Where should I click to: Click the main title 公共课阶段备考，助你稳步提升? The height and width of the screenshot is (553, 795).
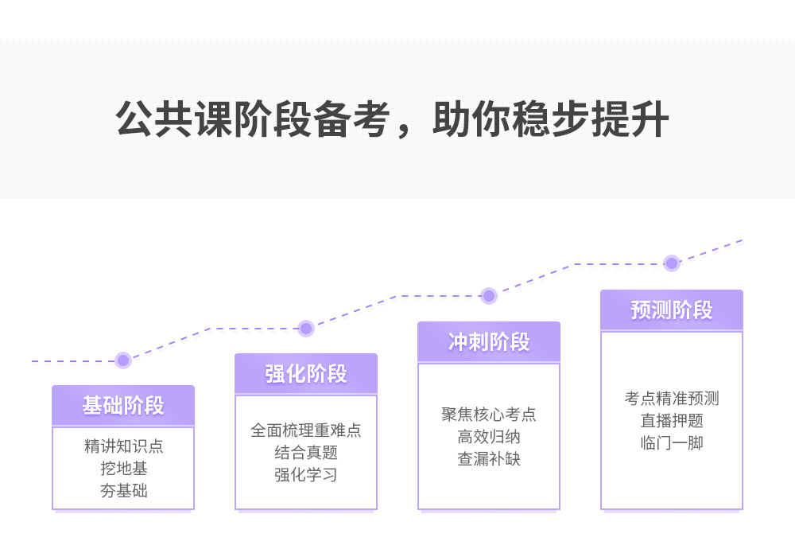393,119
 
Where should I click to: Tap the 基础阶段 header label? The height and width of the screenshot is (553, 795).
123,406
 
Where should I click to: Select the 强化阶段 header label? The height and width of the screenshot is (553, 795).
306,374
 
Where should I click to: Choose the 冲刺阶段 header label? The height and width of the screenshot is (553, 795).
489,342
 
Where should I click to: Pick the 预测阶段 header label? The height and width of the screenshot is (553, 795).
672,310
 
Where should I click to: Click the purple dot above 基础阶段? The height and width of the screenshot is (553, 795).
122,360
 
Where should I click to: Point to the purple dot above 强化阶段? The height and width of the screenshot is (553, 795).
306,328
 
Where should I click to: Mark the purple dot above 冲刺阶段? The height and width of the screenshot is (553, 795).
489,296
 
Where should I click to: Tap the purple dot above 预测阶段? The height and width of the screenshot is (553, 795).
672,263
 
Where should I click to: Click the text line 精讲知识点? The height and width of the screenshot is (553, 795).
123,446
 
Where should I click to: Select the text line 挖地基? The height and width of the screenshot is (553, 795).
123,469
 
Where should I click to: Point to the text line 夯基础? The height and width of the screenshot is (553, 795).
123,491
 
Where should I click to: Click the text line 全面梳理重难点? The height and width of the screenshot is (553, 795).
306,430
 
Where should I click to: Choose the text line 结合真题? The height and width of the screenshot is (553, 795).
306,453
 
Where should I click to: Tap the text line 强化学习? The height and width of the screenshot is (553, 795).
306,475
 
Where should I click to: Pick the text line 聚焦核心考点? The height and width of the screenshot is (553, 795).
489,415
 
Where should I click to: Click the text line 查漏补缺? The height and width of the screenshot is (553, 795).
489,459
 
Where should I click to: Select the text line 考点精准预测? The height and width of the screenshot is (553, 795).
672,399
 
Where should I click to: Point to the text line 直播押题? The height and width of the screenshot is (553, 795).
672,421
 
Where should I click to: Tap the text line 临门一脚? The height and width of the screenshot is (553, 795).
672,443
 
